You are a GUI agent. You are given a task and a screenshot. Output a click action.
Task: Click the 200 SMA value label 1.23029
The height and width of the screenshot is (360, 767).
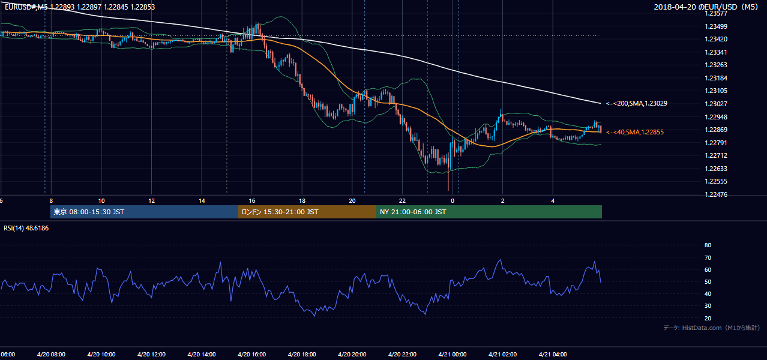pos(637,103)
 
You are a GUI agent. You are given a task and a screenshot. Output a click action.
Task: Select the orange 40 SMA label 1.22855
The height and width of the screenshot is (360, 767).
pos(635,132)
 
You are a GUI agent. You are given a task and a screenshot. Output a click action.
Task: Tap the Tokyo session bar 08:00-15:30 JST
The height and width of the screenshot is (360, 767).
pos(144,212)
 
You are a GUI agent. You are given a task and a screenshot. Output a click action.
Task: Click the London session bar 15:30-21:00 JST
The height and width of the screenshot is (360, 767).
pos(307,212)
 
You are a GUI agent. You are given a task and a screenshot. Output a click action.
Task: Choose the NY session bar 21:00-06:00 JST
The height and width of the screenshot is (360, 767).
pos(489,212)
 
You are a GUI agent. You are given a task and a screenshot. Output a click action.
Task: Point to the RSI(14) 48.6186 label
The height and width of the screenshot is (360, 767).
pos(26,228)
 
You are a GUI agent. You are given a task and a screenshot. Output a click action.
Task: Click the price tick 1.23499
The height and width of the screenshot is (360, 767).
pos(716,26)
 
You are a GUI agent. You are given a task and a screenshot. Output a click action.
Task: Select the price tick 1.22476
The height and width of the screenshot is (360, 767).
pos(716,194)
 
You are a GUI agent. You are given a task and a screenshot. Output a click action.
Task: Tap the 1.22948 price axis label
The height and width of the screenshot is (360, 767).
pos(716,117)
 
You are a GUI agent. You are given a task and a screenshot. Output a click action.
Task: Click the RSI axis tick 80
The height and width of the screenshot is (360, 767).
pos(708,245)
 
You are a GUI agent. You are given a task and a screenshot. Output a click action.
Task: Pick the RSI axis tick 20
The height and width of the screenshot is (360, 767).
pos(708,318)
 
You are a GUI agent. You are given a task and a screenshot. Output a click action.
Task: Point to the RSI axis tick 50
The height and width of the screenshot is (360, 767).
pos(708,281)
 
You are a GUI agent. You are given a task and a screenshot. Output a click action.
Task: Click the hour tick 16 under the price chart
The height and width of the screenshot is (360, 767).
pos(251,201)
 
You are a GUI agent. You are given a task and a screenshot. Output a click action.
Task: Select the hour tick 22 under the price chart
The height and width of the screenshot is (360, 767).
pos(402,201)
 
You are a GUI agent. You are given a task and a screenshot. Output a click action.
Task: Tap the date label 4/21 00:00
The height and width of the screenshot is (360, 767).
pos(453,355)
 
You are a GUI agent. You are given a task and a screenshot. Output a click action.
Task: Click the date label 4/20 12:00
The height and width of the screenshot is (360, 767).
pos(151,355)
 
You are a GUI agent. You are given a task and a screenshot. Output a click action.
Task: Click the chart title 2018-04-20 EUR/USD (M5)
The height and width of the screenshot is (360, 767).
pos(706,7)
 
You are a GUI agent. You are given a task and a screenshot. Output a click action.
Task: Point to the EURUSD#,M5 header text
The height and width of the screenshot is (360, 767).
pos(26,7)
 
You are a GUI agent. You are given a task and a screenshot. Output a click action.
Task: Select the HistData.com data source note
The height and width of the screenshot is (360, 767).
pos(712,328)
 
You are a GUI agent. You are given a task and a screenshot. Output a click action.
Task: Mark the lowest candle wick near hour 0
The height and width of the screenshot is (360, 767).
pos(448,181)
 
